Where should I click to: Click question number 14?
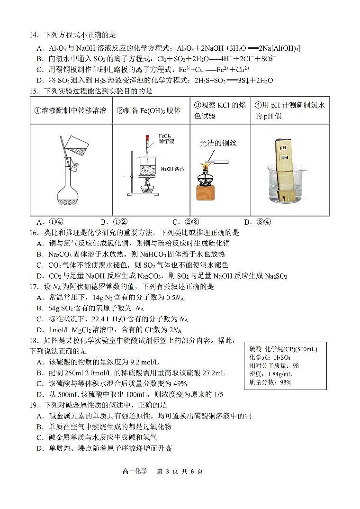(34, 35)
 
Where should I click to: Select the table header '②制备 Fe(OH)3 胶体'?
(151, 111)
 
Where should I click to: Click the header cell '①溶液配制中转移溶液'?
(71, 111)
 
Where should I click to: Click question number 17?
(34, 287)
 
